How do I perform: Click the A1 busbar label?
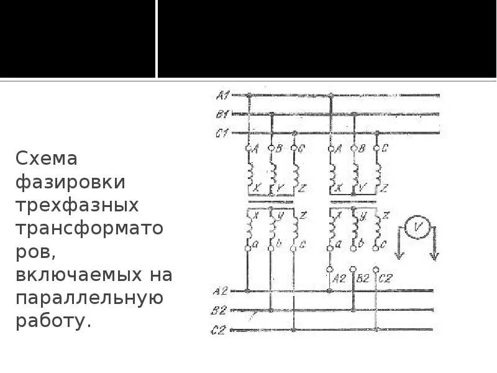click(222, 95)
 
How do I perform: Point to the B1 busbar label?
click(222, 114)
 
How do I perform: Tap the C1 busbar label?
click(222, 132)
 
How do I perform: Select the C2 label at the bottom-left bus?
click(217, 330)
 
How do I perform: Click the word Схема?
click(47, 159)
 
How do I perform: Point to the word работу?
click(53, 321)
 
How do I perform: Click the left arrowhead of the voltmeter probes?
click(398, 257)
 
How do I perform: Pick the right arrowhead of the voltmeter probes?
click(435, 257)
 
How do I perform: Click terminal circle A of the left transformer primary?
click(248, 149)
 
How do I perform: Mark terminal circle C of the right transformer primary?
click(376, 149)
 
